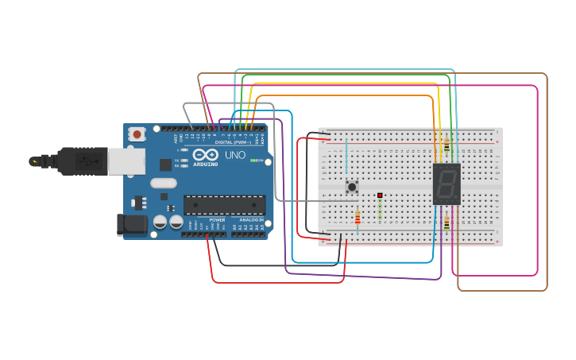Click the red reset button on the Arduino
point(137,134)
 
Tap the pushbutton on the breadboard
point(352,188)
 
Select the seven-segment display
point(446,184)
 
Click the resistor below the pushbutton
point(358,217)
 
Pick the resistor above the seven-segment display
point(446,145)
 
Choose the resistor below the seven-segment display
point(446,224)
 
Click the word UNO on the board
point(235,155)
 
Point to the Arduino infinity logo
point(205,155)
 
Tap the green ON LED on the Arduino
point(253,161)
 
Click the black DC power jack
point(132,225)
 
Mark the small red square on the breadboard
point(380,195)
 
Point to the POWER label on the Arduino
point(217,219)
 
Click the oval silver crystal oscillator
point(164,184)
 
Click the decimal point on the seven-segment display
point(458,199)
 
